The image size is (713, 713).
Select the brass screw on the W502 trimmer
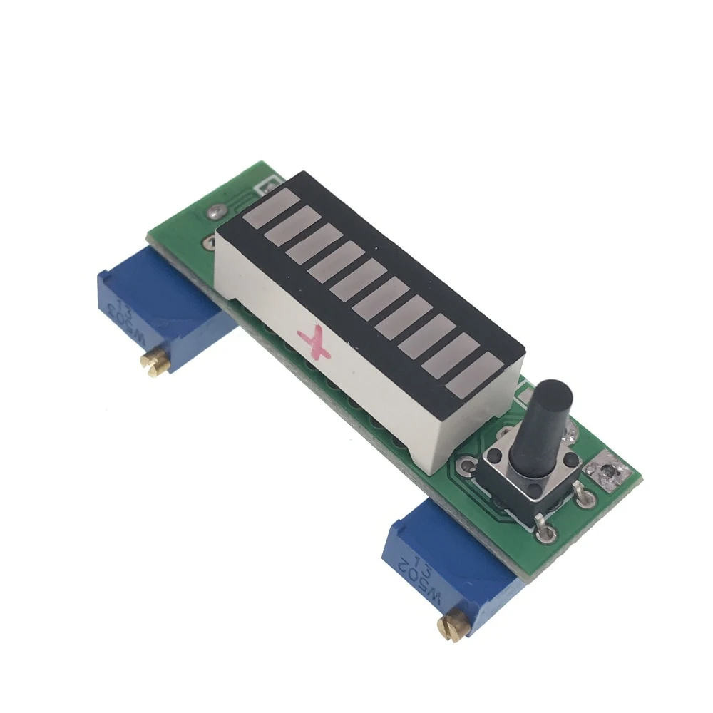pos(451,627)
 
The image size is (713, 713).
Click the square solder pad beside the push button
pos(605,473)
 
